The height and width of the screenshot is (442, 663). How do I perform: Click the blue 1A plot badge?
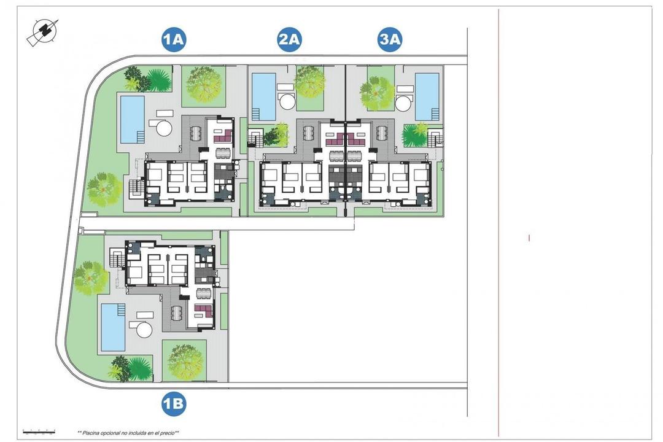point(174,40)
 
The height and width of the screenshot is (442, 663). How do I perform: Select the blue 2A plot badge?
point(289,40)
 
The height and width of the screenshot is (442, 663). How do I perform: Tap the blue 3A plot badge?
point(389,40)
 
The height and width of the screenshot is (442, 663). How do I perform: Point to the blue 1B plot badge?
point(174,404)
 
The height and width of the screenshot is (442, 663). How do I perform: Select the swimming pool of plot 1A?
point(132,118)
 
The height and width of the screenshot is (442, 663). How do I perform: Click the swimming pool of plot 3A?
point(427,96)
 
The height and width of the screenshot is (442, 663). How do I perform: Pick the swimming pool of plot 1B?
point(113,327)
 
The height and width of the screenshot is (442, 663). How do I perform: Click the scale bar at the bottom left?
point(39,432)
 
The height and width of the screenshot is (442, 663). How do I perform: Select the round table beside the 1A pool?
point(164,128)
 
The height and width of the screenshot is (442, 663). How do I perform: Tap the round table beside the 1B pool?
point(144,330)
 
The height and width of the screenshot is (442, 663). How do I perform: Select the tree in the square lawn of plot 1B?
point(184,357)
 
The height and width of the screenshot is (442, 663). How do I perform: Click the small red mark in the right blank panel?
point(529,238)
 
